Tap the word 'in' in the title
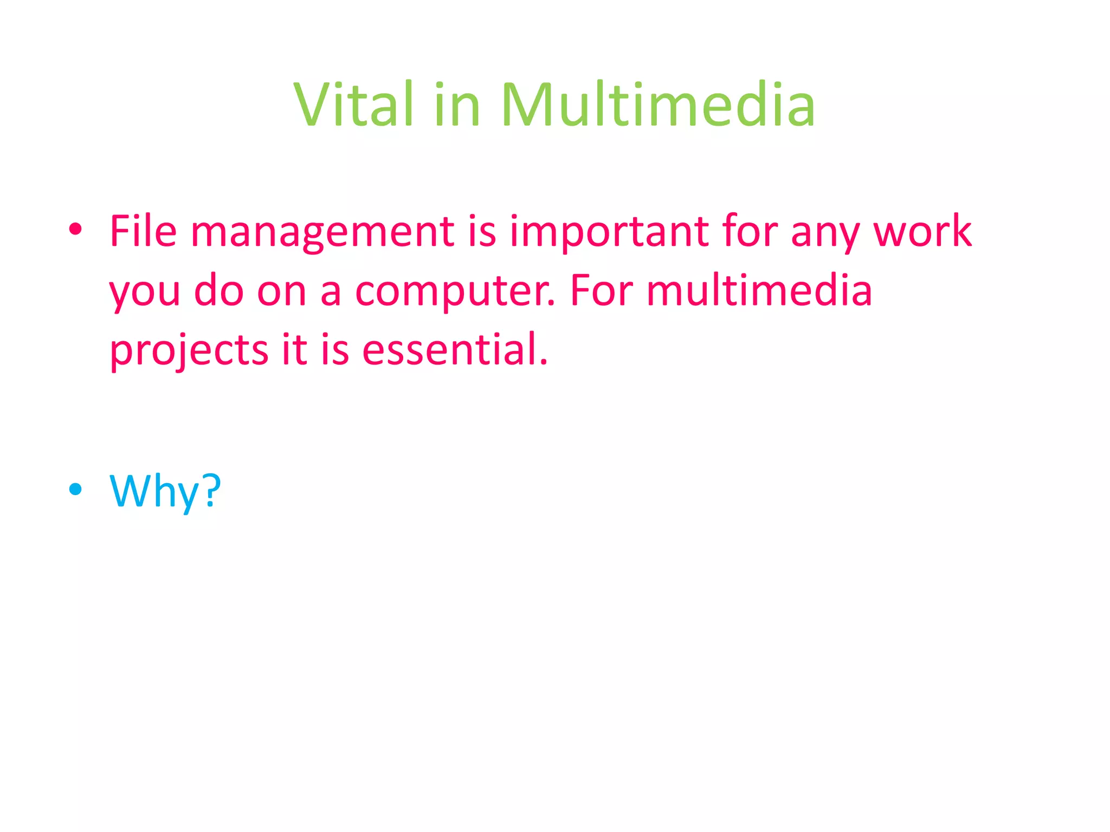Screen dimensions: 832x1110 tap(456, 106)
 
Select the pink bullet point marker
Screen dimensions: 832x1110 tap(75, 230)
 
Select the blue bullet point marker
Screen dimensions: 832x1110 tap(75, 489)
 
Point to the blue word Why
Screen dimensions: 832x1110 tap(155, 491)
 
